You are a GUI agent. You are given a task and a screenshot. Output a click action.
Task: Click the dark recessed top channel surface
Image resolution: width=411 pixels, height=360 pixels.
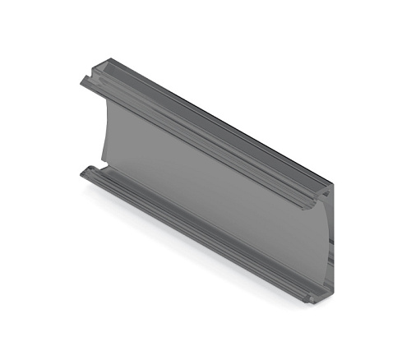click(x=214, y=123)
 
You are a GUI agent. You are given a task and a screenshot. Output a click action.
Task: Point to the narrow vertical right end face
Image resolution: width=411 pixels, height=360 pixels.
click(x=330, y=242)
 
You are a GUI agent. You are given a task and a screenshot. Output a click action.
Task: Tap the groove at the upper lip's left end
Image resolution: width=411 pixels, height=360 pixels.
click(x=86, y=81)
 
